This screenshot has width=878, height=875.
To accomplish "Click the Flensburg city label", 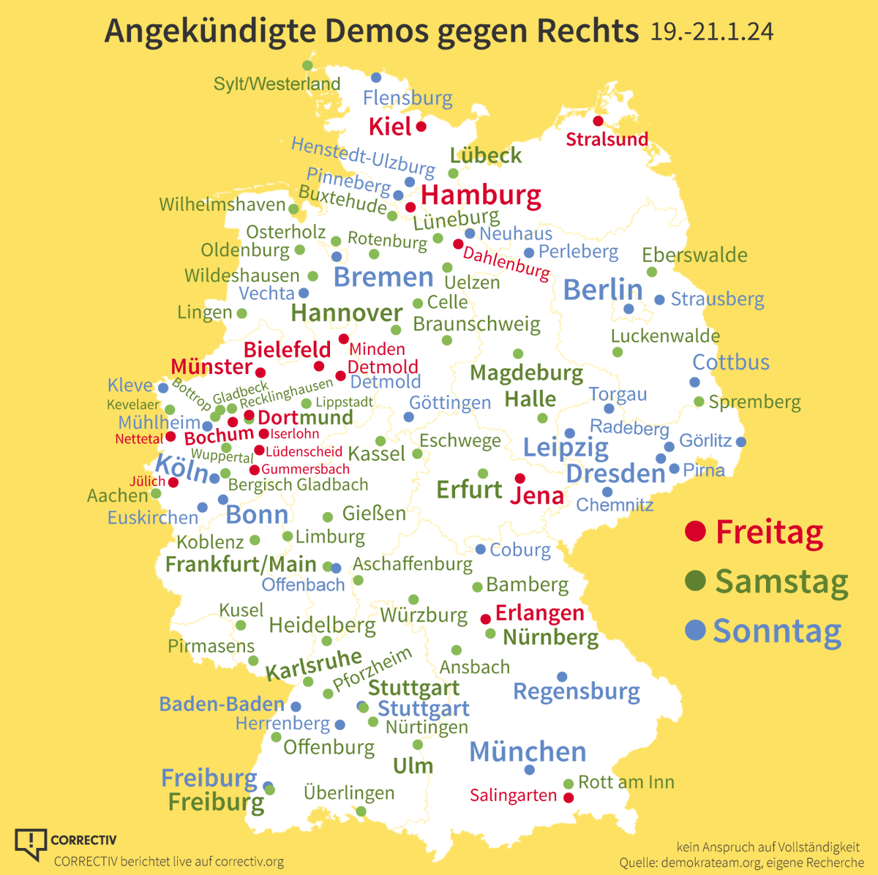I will (408, 98).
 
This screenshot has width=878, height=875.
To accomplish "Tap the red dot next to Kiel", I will (421, 127).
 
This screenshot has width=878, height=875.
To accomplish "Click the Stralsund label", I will (607, 139).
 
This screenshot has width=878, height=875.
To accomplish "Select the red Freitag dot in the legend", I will (695, 530).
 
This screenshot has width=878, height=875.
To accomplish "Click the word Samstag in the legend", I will (781, 582).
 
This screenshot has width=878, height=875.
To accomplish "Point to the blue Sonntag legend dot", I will (695, 629).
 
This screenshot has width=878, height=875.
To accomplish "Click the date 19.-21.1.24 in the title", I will (711, 32).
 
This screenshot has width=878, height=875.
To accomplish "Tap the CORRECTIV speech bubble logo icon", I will (31, 844).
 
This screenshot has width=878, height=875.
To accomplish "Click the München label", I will (528, 751).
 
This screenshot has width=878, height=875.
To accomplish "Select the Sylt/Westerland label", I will (277, 84).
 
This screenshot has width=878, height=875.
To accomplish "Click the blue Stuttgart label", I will (424, 708).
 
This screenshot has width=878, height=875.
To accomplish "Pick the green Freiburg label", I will (216, 802).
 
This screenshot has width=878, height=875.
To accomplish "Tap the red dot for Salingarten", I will (569, 797).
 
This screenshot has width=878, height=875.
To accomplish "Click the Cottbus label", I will (731, 362).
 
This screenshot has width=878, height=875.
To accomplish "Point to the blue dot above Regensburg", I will (562, 677).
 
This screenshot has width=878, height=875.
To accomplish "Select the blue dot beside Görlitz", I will (741, 441).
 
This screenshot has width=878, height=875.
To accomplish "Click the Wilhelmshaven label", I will (222, 204).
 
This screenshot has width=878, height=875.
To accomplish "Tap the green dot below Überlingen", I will (361, 811).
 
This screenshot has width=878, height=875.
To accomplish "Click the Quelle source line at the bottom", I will (741, 863).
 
